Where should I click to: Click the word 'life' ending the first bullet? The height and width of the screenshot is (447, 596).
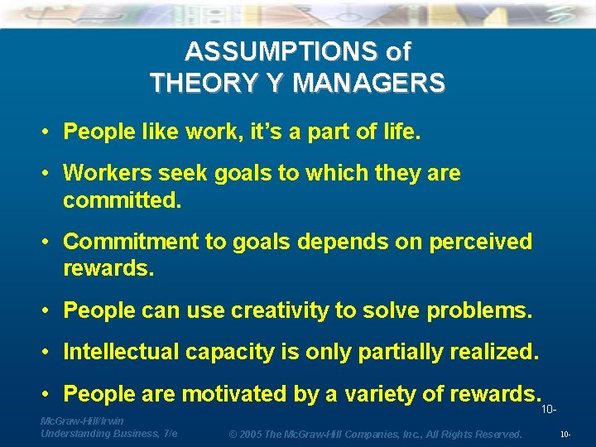(x=400, y=132)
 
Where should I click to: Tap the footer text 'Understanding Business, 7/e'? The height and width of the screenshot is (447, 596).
(x=108, y=433)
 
